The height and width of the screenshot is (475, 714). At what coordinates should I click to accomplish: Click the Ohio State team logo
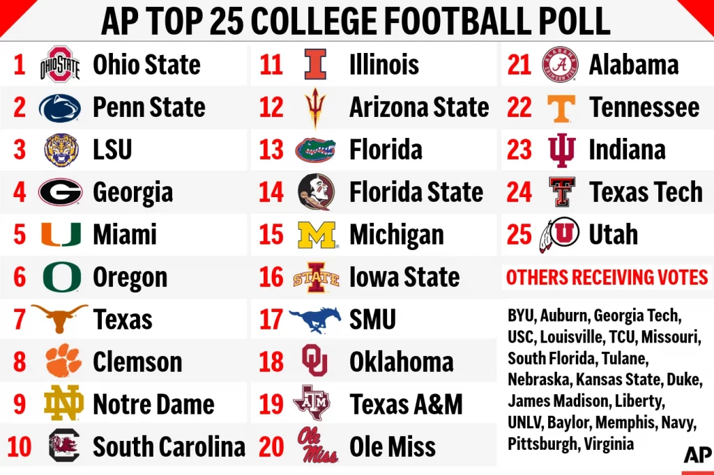60,65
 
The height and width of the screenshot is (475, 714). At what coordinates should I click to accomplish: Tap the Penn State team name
149,107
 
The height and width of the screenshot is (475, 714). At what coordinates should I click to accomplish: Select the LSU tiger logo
61,150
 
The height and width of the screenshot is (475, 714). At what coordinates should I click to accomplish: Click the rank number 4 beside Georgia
20,192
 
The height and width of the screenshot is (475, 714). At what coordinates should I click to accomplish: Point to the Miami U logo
61,235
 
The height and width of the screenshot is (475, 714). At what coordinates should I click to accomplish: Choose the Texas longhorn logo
60,318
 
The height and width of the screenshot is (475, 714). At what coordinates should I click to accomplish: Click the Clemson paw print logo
63,361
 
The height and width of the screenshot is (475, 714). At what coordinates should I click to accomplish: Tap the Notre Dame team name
153,404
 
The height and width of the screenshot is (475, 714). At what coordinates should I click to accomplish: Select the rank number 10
20,446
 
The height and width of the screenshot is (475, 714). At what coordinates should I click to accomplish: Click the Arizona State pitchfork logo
315,107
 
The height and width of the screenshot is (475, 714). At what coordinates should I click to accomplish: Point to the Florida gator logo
315,150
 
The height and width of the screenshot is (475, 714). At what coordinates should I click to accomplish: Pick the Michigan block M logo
317,235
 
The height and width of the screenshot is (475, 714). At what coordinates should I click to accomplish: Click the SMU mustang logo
315,319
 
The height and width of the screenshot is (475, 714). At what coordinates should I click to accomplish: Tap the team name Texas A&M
406,404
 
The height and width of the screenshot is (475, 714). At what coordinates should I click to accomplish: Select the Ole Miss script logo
317,446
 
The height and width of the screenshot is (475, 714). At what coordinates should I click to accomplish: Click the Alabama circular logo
561,65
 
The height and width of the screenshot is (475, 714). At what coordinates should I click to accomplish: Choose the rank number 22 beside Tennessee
519,107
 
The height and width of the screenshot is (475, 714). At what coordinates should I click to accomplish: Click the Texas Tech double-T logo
561,192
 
